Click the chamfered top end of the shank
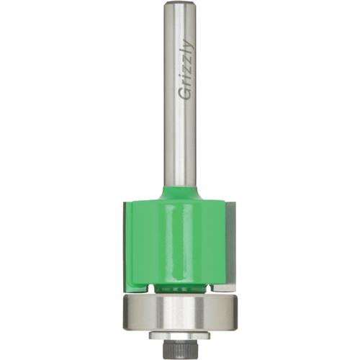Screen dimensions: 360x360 [x=180, y=6]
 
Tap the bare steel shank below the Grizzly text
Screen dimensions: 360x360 [x=180, y=144]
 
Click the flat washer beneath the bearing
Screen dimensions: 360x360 [x=180, y=336]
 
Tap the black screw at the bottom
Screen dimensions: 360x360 [x=180, y=347]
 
